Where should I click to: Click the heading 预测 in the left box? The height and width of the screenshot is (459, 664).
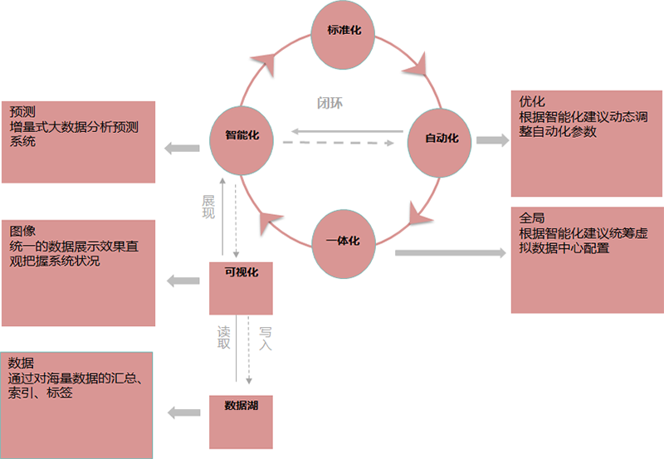[22, 112]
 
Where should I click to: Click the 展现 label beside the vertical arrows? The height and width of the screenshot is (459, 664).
[208, 207]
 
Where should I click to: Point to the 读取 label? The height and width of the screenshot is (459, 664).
[223, 337]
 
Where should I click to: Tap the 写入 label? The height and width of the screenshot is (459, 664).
[266, 337]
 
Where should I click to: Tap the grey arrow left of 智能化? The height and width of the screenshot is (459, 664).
[182, 149]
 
